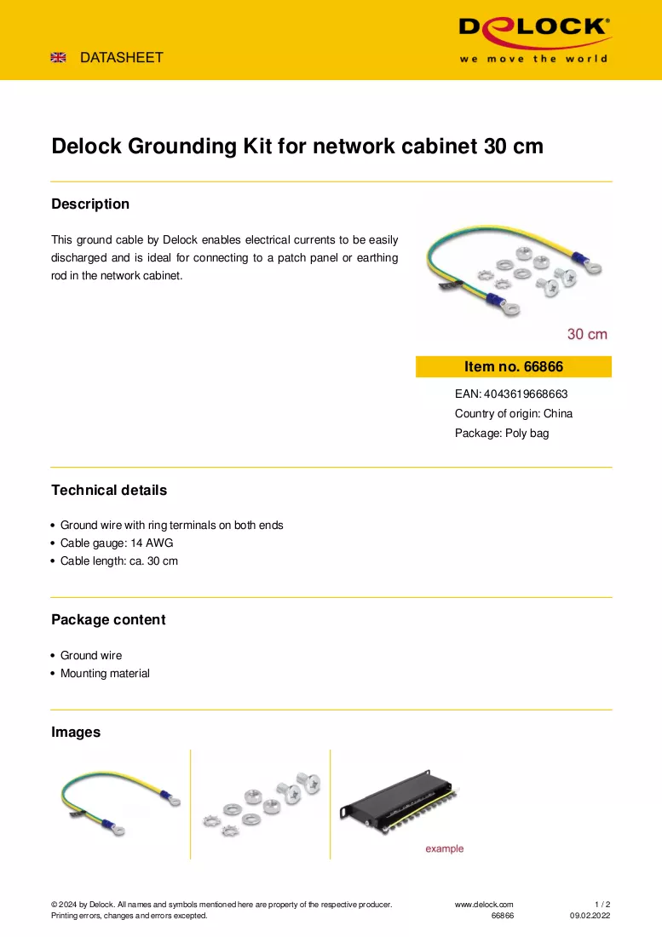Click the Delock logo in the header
pos(534,39)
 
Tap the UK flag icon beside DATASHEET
pos(59,57)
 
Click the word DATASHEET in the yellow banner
pos(121,57)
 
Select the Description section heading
pos(90,204)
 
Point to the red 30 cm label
pos(587,334)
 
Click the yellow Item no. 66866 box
pos(514,367)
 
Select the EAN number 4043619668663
pos(526,394)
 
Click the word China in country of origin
pos(558,413)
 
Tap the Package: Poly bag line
pos(502,434)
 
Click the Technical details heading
pos(109,490)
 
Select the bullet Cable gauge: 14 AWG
pos(117,543)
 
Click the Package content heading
pos(108,619)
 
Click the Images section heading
pos(76,732)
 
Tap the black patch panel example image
pos(399,802)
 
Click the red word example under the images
pos(445,848)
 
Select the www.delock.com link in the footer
pos(484,905)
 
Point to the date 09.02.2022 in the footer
pos(590,916)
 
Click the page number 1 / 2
pos(602,905)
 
